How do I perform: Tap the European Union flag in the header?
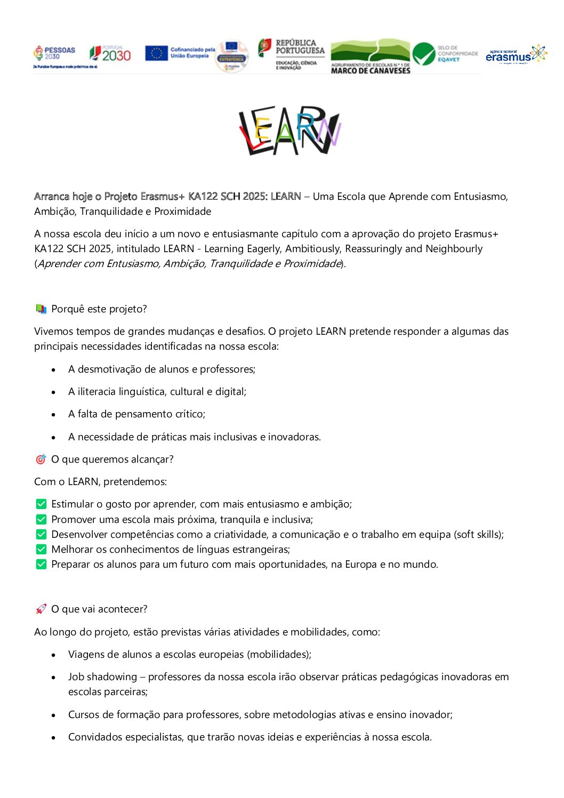(156, 53)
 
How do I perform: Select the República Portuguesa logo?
(291, 54)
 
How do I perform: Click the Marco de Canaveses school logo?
(370, 56)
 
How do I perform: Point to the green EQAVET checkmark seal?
(424, 54)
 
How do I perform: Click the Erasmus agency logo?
(515, 54)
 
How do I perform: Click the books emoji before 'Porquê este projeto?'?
(41, 309)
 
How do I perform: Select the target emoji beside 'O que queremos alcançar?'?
(41, 460)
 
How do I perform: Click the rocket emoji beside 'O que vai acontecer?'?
(41, 609)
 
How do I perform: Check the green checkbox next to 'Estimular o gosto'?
(41, 504)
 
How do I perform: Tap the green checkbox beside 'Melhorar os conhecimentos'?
(41, 550)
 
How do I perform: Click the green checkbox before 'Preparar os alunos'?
(41, 565)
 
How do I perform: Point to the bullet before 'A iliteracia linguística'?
(53, 392)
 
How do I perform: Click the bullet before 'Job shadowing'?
(53, 678)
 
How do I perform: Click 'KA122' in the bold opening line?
(203, 197)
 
